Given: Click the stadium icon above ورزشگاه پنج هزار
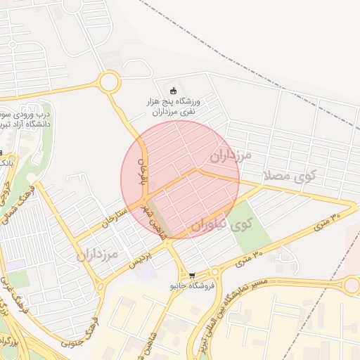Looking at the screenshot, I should pos(174,89).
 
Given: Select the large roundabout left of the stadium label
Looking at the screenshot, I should pos(109,82).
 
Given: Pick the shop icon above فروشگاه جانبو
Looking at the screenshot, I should pos(192,276).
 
